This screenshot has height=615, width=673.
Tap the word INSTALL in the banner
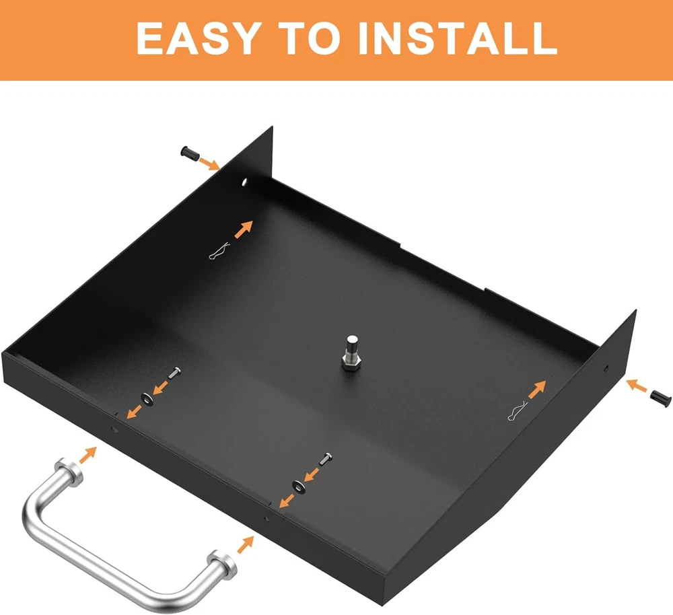tap(458, 38)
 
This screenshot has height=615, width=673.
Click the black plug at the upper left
tap(190, 154)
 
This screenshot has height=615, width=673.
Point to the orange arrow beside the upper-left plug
tap(210, 164)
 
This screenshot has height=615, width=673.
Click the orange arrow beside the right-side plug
tap(637, 386)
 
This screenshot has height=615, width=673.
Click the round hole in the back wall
tap(245, 182)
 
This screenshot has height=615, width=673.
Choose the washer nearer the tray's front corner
tap(299, 486)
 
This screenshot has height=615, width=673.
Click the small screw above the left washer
tap(174, 373)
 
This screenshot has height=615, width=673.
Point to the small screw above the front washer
tap(326, 459)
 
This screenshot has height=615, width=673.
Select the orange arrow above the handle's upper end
tap(88, 454)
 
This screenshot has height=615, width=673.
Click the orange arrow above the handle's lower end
tap(246, 544)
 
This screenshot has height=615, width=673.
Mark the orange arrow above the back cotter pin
tap(244, 229)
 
